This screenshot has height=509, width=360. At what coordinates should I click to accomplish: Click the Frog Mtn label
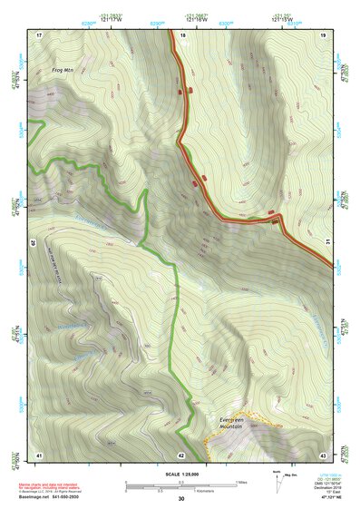pos(49,68)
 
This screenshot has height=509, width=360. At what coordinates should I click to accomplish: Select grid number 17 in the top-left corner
pos(39,34)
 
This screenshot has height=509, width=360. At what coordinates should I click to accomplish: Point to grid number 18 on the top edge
pos(183,34)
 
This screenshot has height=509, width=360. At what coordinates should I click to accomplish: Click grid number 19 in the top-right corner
pos(323,34)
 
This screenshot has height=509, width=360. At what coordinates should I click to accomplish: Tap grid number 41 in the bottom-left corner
pos(39,454)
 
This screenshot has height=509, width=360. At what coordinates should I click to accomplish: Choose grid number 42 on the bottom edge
pos(181,454)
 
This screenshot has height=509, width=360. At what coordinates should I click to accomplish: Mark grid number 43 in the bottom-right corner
pos(323,454)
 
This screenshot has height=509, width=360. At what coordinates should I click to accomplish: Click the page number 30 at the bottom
pos(181,498)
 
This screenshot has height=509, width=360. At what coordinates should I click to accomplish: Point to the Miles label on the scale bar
pos(241,482)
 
